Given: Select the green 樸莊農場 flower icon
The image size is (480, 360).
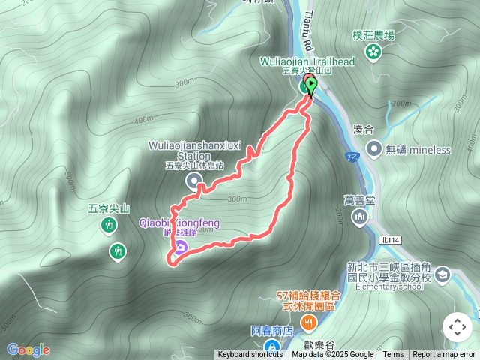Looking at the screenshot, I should pos(373,51).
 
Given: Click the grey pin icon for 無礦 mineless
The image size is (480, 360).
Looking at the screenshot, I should pos(374,149).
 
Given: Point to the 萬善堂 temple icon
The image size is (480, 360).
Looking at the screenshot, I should pos(360,217).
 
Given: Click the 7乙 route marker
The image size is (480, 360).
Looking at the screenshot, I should pos(352,157).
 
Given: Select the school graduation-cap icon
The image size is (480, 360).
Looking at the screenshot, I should pos(442,275).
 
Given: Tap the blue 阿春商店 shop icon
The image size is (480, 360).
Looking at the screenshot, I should pos(274,347).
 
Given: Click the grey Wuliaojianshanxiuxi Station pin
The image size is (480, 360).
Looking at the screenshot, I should pos(193,180).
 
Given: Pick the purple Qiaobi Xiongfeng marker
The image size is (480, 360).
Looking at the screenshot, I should pos(180,247).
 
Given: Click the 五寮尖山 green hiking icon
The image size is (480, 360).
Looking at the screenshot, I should pos(109,225).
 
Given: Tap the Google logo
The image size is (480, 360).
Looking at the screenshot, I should pos(28,349).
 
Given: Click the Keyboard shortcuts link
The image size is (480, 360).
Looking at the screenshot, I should pos(250,355).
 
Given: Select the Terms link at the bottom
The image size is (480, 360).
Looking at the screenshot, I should pos(393,355).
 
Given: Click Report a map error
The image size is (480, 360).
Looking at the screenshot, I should pos(444,355).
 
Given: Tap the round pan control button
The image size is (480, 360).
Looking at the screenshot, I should pos(457,327).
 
